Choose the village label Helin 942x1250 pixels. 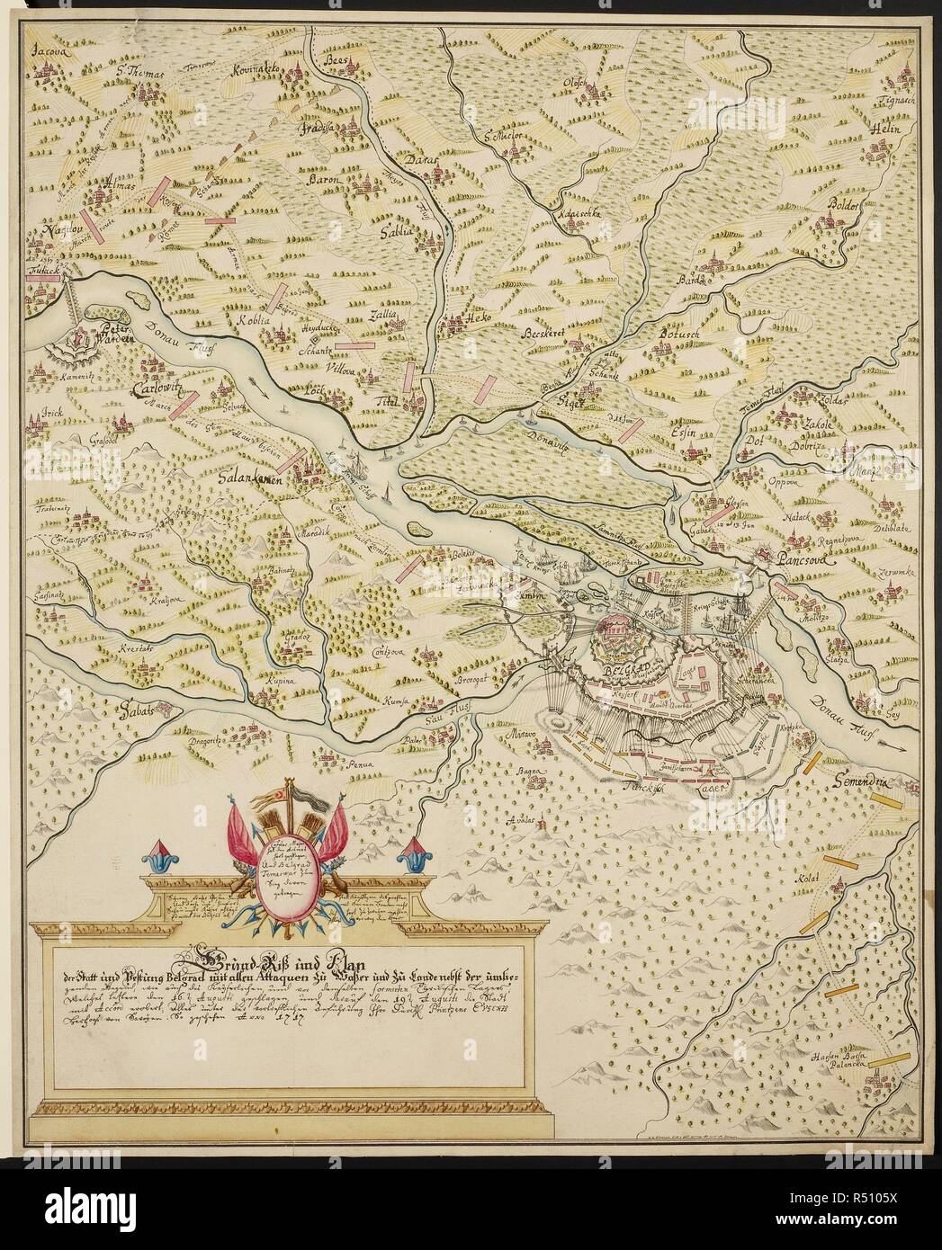[887, 129]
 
